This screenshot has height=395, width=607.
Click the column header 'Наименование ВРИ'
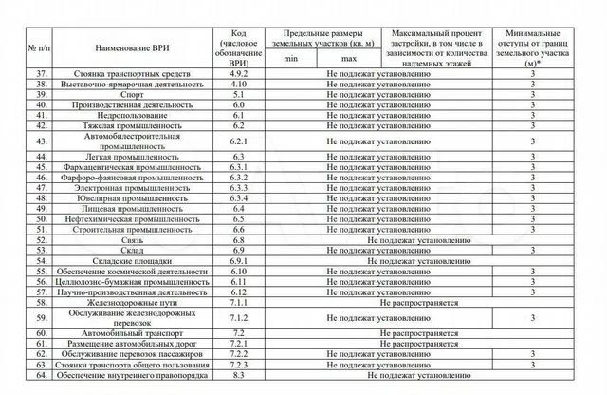tap(131, 46)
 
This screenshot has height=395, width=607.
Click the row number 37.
tap(41, 73)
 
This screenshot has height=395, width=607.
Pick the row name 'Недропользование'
tap(131, 115)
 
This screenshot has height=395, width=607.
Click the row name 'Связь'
tap(131, 240)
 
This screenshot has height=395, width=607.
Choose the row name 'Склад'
tap(131, 250)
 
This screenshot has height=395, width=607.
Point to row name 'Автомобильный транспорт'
tap(131, 334)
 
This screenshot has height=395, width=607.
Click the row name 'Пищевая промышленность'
tap(131, 209)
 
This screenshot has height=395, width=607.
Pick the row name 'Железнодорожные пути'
tap(131, 301)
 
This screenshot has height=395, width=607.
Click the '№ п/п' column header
tap(41, 46)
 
